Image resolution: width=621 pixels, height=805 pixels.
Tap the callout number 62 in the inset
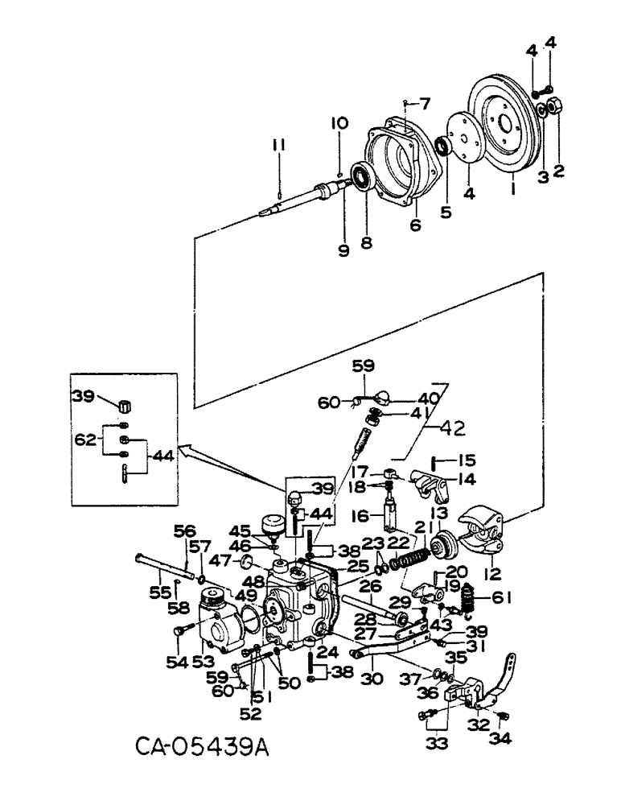(x=84, y=440)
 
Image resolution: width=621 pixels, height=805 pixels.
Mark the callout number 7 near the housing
(x=424, y=103)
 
